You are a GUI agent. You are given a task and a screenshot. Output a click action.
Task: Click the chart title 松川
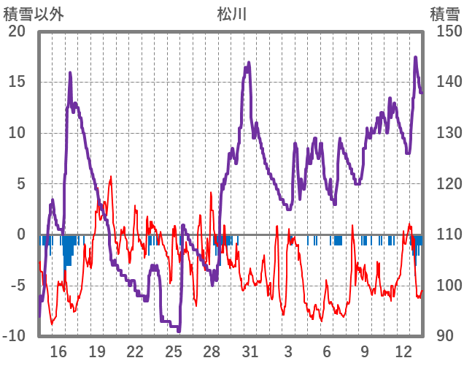click(232, 14)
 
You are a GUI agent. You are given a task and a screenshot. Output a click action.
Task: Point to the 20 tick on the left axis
click(18, 31)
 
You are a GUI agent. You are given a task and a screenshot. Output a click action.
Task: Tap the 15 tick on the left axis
click(18, 82)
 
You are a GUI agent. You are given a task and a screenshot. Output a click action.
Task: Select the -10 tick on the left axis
click(15, 336)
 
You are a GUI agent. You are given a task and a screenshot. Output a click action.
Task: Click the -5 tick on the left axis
click(18, 286)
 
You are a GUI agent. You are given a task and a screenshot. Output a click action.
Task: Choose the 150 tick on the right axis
click(444, 31)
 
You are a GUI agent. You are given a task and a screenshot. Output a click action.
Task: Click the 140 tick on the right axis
click(444, 82)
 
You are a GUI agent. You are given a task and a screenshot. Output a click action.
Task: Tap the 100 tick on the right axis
click(444, 286)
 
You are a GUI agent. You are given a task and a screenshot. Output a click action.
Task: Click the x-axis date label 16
click(58, 351)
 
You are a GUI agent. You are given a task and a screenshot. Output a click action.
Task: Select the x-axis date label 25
click(174, 351)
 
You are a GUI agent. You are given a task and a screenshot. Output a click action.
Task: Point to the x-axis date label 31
click(250, 351)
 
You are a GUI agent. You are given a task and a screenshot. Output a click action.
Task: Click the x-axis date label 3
click(289, 351)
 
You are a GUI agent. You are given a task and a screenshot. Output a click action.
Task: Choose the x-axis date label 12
click(403, 351)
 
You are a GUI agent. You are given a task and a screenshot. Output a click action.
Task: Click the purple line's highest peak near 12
click(416, 57)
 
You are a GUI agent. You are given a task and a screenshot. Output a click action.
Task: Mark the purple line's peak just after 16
click(70, 72)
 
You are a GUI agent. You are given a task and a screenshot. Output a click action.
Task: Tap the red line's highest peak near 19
click(111, 177)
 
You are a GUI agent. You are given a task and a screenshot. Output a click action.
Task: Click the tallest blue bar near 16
click(68, 256)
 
